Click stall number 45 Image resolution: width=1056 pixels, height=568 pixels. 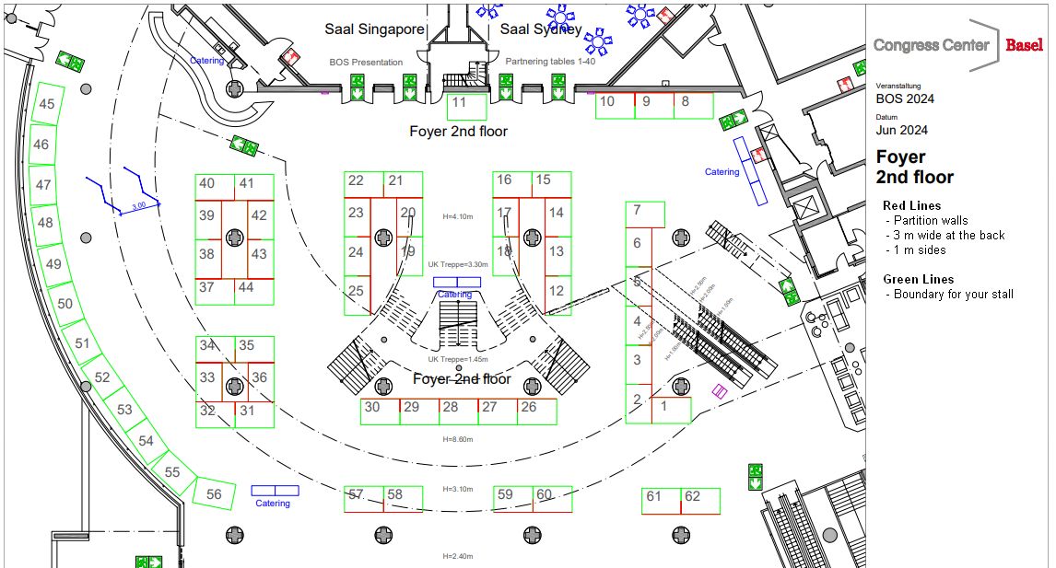click(46, 104)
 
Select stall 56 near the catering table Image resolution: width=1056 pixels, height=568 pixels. click(214, 494)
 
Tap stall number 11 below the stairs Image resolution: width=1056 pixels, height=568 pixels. click(459, 103)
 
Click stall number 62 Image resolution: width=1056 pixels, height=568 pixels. click(692, 497)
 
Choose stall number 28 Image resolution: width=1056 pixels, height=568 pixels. click(450, 407)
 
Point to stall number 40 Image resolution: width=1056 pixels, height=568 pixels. click(207, 183)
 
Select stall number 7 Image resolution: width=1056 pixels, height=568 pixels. click(637, 210)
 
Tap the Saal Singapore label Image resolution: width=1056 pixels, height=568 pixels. click(374, 29)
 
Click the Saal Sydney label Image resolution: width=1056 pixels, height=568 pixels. click(541, 29)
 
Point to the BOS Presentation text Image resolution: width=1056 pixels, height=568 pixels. click(366, 63)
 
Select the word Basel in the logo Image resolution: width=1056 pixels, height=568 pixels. click(1024, 45)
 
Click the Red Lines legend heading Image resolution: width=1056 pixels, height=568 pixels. click(912, 205)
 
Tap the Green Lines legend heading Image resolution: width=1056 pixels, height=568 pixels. click(919, 279)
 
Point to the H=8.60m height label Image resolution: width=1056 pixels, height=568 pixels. click(458, 439)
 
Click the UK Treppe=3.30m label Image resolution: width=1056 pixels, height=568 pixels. click(458, 264)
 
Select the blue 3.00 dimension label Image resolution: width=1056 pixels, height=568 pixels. click(138, 207)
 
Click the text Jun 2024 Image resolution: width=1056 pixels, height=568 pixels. click(901, 131)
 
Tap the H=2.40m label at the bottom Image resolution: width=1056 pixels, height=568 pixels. click(458, 556)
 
